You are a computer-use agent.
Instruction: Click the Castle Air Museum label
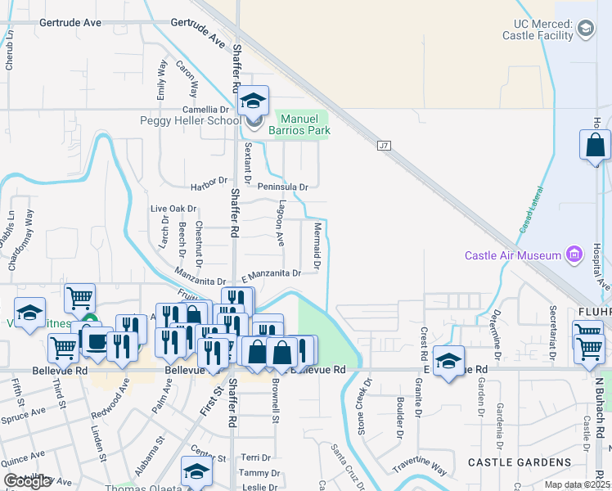(x=512, y=255)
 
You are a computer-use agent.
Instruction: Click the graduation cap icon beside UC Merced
(x=586, y=31)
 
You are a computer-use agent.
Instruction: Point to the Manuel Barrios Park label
(x=303, y=124)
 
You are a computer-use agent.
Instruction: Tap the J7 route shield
(x=384, y=146)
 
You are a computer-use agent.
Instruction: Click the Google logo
(x=27, y=481)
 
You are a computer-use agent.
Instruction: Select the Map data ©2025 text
(x=577, y=484)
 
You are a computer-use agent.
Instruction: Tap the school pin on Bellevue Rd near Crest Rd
(x=448, y=361)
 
